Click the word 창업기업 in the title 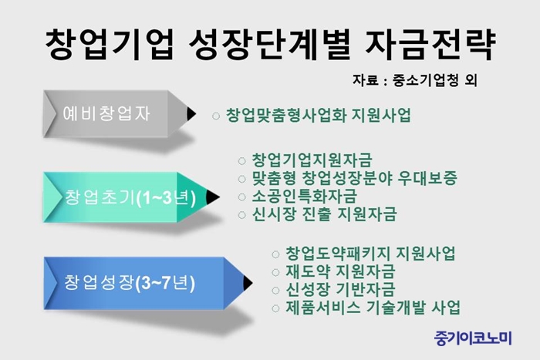point(110,45)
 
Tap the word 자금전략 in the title point(430,45)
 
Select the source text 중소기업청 point(425,80)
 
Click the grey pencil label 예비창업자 point(106,113)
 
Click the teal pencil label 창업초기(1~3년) point(130,197)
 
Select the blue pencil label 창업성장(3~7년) point(130,283)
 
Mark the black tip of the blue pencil point(248,283)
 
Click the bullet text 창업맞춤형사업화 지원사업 point(319,116)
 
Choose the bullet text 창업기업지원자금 point(312,160)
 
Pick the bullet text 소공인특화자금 point(305,196)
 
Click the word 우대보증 point(427,178)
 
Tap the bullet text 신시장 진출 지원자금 point(325,214)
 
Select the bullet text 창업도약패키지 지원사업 point(370,254)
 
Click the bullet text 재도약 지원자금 point(340,271)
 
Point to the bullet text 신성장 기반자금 point(340,289)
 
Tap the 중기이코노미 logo point(473,338)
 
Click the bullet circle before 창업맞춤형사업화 point(216,116)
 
